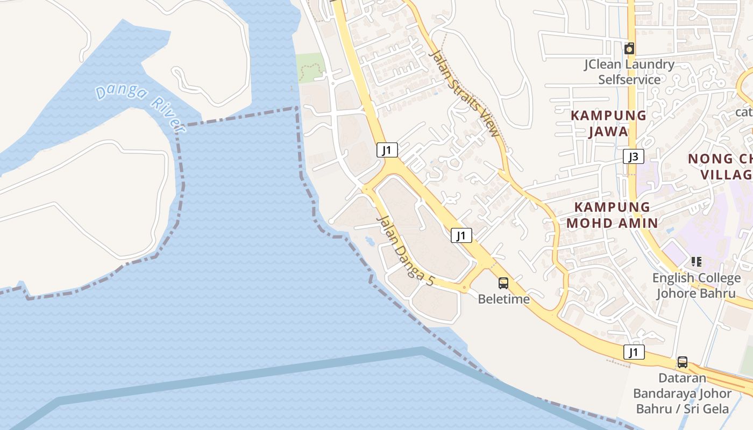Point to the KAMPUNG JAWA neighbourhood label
pyautogui.click(x=608, y=123)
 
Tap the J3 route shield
pyautogui.click(x=634, y=157)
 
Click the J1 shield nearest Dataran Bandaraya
pyautogui.click(x=634, y=352)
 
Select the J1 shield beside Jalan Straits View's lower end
pyautogui.click(x=461, y=235)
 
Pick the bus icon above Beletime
pyautogui.click(x=503, y=283)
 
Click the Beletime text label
pyautogui.click(x=504, y=299)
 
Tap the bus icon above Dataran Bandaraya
pyautogui.click(x=682, y=362)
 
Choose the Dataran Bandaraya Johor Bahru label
pyautogui.click(x=682, y=393)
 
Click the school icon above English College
pyautogui.click(x=697, y=262)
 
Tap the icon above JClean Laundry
pyautogui.click(x=629, y=48)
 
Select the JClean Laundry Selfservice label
pyautogui.click(x=629, y=72)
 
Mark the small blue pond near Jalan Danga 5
pyautogui.click(x=371, y=240)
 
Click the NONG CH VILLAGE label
pyautogui.click(x=721, y=167)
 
